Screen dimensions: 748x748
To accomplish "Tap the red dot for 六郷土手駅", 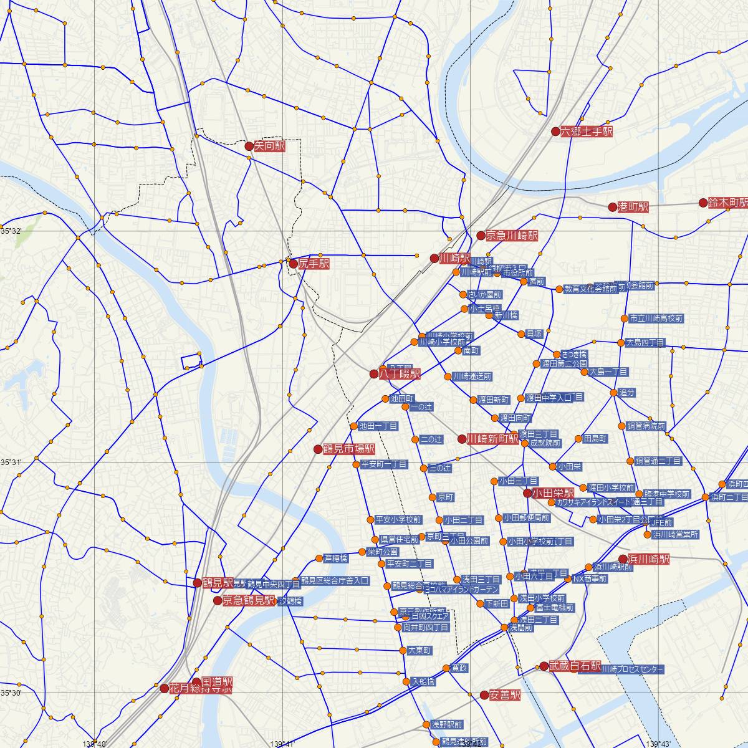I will coord(555,132).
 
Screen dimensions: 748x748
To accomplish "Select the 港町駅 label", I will coord(633,207).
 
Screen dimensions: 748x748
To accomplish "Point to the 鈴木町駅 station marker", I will coord(703,203).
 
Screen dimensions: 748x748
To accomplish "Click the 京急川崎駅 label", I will coord(512,236).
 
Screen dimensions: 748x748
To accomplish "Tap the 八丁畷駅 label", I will coord(400,374).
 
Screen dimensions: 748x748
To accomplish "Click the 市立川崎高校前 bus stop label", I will coord(656,319).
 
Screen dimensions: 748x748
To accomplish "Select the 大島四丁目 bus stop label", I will coord(645,343).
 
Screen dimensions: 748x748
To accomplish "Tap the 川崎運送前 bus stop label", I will coord(472,376).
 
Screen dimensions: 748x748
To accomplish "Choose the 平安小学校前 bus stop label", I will coord(398,519).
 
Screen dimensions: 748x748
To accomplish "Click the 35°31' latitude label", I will coord(11,462).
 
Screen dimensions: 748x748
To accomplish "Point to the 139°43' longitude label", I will coord(662,743).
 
